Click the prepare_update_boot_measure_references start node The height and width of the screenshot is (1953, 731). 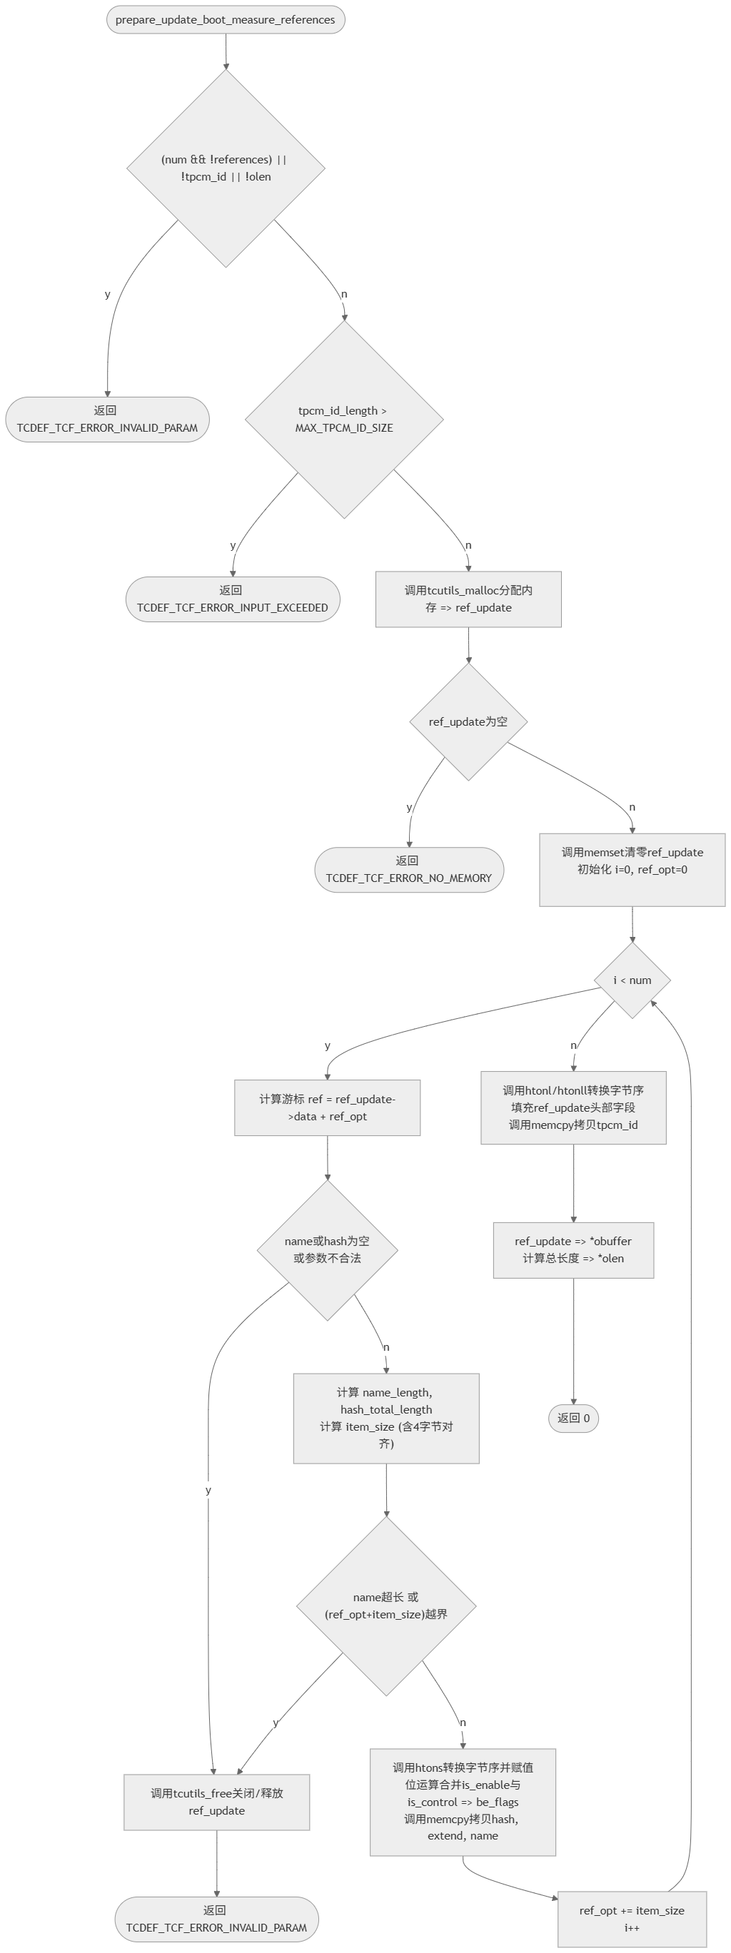click(225, 20)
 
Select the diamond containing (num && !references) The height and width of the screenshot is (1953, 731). click(225, 168)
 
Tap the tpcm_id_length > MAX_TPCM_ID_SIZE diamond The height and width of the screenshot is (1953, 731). click(343, 420)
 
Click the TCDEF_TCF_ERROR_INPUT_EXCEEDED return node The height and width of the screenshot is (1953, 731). click(232, 599)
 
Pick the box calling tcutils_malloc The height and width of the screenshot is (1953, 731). click(468, 599)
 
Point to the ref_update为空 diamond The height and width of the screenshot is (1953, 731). click(468, 722)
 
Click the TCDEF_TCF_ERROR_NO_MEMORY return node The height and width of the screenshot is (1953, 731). click(409, 870)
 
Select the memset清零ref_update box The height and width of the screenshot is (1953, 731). click(632, 869)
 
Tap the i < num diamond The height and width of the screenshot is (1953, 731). click(632, 980)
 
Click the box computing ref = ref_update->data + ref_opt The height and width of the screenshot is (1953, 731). click(327, 1107)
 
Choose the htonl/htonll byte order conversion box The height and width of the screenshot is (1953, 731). click(573, 1107)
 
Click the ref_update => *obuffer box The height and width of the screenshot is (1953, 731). click(573, 1250)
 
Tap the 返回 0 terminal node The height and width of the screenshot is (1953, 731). click(573, 1419)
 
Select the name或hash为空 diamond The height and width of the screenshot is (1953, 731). click(327, 1250)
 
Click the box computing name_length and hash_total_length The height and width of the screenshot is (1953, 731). click(386, 1419)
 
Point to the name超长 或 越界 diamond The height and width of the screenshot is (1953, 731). click(386, 1605)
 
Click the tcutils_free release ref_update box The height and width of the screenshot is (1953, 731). click(216, 1802)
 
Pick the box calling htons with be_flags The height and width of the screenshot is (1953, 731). click(463, 1802)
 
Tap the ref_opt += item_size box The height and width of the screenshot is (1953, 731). click(632, 1919)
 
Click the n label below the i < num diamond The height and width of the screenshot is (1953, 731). click(573, 1045)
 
